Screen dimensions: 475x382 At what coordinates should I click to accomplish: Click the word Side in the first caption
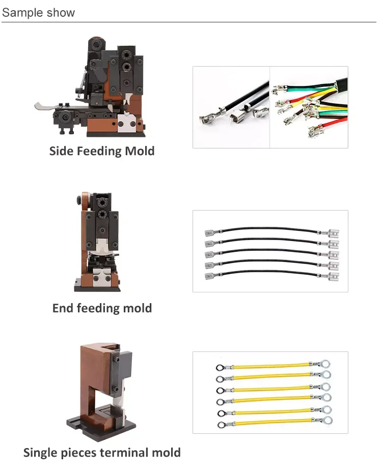(61, 151)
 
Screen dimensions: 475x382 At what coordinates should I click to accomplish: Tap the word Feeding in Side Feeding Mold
(101, 152)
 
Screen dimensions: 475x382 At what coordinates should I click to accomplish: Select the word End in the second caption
(63, 308)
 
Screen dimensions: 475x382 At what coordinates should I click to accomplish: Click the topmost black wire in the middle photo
(270, 230)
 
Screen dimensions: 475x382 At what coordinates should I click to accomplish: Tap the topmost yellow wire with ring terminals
(270, 366)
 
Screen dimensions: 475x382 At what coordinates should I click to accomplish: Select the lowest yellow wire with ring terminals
(270, 422)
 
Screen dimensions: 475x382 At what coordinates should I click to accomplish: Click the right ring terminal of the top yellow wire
(324, 364)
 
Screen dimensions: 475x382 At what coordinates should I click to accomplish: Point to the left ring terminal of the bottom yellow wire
(221, 424)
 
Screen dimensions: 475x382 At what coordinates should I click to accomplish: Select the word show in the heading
(61, 12)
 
